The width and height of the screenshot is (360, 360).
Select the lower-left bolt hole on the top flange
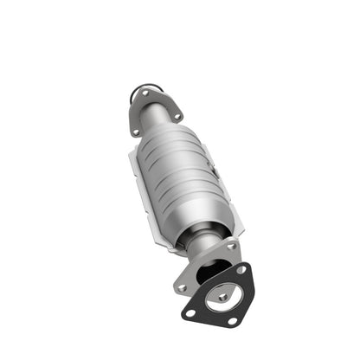tap(136, 131)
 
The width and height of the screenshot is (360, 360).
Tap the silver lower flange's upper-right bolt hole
tap(230, 247)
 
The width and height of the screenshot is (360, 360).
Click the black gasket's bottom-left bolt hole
tap(189, 309)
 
